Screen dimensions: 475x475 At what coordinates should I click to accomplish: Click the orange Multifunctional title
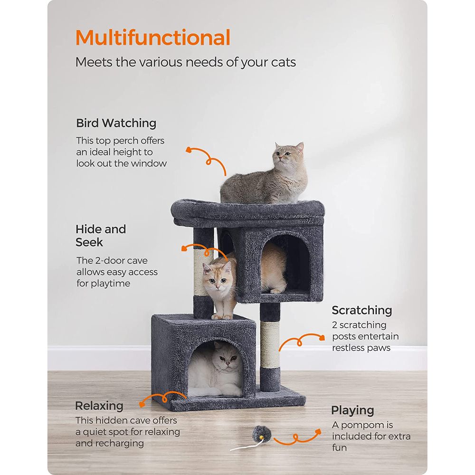153,38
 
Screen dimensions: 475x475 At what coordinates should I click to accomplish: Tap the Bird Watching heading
116,123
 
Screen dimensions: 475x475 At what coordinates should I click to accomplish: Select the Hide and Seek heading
100,236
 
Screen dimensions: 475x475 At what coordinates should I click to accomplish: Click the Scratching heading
362,310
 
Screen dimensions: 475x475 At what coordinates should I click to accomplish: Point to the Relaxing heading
99,406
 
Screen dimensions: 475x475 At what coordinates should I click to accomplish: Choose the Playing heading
352,410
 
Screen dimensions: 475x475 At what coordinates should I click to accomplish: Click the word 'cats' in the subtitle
281,62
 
